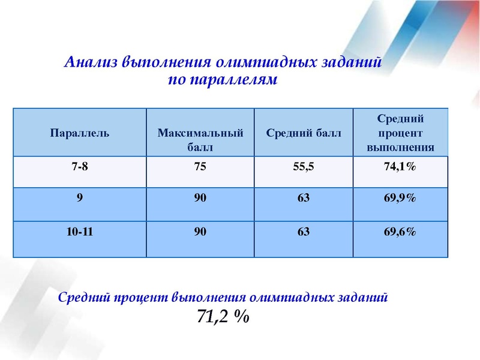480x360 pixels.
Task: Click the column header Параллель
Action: click(x=79, y=133)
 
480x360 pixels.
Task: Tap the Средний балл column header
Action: click(x=304, y=133)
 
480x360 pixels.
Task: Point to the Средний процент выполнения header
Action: click(x=400, y=133)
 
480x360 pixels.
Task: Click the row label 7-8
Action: click(x=79, y=167)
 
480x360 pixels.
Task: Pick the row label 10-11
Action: click(x=79, y=232)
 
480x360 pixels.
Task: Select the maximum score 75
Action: click(x=200, y=167)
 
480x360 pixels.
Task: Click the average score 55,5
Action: click(x=304, y=167)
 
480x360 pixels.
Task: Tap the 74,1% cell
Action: click(x=400, y=167)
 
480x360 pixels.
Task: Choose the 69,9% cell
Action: click(x=400, y=199)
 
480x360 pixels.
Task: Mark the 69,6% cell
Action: click(x=400, y=232)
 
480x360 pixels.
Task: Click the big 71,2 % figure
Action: click(x=223, y=316)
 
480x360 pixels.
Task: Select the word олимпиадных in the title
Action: click(x=260, y=62)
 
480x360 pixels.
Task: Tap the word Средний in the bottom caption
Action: click(x=83, y=297)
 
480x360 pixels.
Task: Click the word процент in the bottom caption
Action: click(x=140, y=297)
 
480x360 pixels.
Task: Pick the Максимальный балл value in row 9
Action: click(x=200, y=199)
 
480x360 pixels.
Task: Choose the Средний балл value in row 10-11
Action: click(x=304, y=232)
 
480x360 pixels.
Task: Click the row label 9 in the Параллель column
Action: click(x=79, y=199)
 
